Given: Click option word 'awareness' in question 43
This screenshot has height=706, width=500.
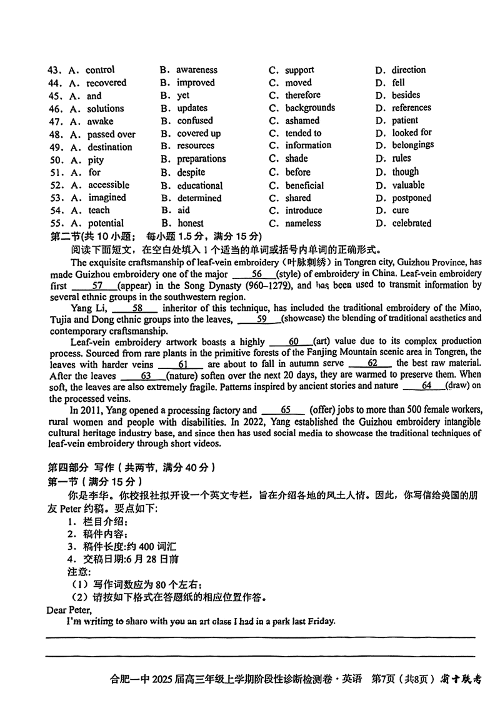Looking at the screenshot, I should [x=196, y=70].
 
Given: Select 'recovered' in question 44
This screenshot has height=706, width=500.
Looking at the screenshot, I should [x=106, y=82].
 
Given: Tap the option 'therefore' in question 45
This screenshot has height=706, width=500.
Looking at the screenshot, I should [x=302, y=95].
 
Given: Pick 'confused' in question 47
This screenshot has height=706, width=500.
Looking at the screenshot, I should [x=194, y=120].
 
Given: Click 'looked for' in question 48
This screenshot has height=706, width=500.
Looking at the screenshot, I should [x=411, y=132].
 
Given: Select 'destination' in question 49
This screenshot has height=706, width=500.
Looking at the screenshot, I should [x=109, y=147].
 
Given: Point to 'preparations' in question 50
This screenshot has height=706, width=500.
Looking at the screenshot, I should [x=201, y=159].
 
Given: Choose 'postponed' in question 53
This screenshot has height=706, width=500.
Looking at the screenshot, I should [x=411, y=198].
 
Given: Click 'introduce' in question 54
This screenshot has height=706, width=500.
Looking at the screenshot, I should [x=304, y=210].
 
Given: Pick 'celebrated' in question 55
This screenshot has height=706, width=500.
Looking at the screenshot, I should [x=411, y=223].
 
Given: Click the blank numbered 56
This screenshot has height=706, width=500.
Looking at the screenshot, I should [x=256, y=274].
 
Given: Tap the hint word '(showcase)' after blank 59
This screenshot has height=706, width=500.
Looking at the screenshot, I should [x=304, y=319].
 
